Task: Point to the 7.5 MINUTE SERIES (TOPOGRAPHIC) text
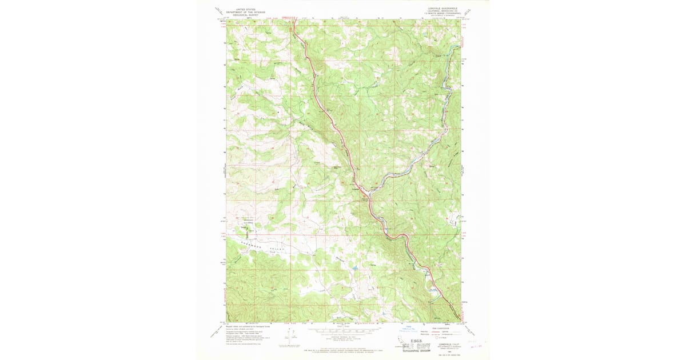click(443, 15)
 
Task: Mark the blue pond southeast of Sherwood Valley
click(354, 267)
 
